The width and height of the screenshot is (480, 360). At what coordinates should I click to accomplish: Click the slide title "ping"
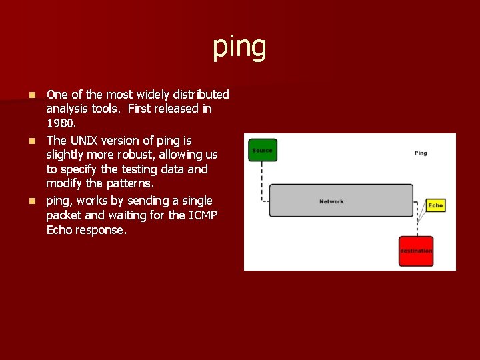click(x=239, y=47)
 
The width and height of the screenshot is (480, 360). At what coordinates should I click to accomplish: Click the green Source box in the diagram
click(x=262, y=150)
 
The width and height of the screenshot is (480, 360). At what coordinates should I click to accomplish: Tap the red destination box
click(x=416, y=251)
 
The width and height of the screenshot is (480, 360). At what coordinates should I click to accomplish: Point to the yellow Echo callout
click(x=435, y=205)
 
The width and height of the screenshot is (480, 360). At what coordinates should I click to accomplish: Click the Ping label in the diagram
click(x=421, y=153)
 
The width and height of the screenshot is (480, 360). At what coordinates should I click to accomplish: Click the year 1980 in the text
click(x=61, y=123)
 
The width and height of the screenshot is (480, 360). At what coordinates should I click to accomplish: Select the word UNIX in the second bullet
click(x=84, y=140)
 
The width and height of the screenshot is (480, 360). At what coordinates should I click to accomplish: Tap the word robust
click(x=137, y=155)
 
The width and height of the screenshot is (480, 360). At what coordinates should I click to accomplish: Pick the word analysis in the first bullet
click(x=68, y=109)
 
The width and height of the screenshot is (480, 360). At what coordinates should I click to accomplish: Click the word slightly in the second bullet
click(x=67, y=155)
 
